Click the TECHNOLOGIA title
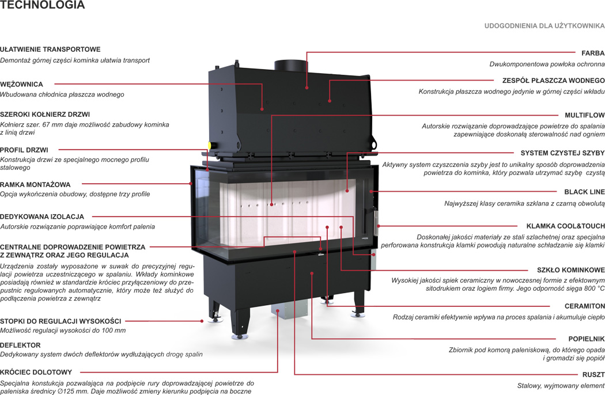click(x=43, y=6)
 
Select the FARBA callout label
click(x=593, y=53)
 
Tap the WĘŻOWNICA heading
click(x=21, y=85)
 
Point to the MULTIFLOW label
click(x=584, y=115)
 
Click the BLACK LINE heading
click(x=584, y=192)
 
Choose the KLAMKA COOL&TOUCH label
click(x=565, y=226)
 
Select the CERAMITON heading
click(x=585, y=306)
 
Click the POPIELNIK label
click(x=587, y=339)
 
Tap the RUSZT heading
click(x=593, y=375)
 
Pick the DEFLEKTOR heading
click(x=20, y=345)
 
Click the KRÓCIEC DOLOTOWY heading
click(x=36, y=373)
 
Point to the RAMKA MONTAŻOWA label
click(x=35, y=185)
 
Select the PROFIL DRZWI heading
click(x=24, y=150)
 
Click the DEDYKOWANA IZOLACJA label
click(x=42, y=217)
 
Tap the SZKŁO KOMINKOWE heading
click(x=570, y=270)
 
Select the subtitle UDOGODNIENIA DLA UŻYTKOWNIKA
click(x=544, y=26)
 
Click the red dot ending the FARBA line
click(x=307, y=88)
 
